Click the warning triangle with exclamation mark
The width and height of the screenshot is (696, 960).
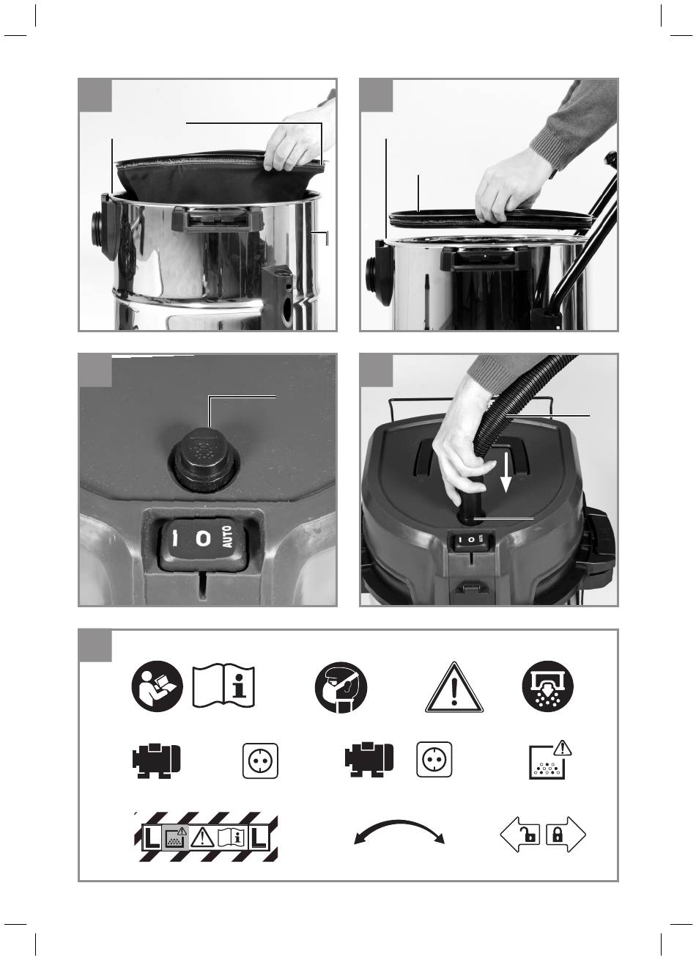[453, 688]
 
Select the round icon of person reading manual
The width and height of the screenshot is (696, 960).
[157, 686]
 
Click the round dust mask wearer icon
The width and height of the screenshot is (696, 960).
[341, 687]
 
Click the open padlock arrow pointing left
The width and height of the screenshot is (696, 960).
[519, 835]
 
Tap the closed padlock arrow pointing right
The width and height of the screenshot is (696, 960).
[566, 835]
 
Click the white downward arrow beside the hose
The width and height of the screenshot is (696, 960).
[506, 471]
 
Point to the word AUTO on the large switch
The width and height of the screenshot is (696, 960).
[228, 536]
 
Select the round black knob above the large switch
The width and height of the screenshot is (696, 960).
[204, 459]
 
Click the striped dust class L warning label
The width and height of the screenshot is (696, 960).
[206, 837]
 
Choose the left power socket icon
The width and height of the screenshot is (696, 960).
[260, 761]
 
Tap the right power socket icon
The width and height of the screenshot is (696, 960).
[434, 760]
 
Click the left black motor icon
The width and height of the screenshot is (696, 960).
[156, 760]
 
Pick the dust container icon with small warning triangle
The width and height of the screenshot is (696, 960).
[550, 760]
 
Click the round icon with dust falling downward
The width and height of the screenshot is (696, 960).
[548, 687]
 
